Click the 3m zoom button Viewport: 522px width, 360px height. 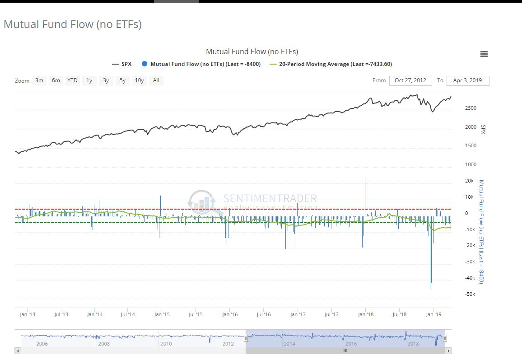[39, 80]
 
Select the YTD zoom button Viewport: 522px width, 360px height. [72, 80]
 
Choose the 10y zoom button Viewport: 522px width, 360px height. [139, 80]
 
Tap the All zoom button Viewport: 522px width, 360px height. [156, 80]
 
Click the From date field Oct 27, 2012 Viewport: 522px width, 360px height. [410, 80]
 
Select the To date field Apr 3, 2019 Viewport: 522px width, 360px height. [468, 80]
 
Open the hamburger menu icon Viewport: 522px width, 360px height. [484, 54]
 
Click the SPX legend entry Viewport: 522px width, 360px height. [122, 64]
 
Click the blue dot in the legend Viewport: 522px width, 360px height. [144, 64]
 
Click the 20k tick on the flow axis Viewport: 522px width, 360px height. [470, 181]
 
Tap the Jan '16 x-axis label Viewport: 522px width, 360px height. [229, 314]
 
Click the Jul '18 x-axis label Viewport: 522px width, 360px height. [399, 314]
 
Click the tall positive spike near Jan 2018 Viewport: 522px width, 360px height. [365, 194]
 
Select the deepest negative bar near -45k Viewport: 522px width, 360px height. [430, 271]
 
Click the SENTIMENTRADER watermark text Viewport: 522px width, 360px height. [270, 199]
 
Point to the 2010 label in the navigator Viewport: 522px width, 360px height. [166, 344]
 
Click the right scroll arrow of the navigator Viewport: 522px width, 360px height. [448, 351]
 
